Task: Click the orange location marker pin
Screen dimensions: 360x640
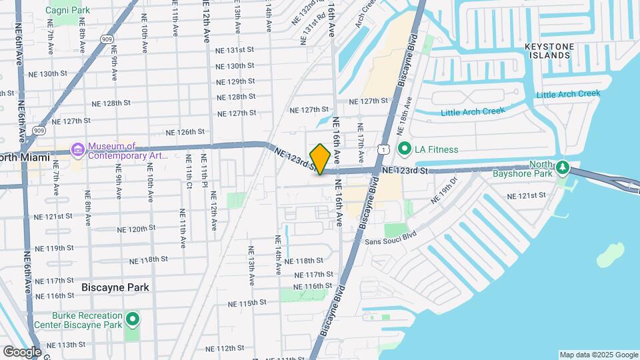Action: pos(320,159)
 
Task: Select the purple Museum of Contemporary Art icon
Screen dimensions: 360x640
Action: pos(78,149)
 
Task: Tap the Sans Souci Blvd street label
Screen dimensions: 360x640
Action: pos(390,238)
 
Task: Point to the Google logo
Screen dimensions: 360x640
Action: pos(23,351)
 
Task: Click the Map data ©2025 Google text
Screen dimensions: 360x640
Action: pos(598,355)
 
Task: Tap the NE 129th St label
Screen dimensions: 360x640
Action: pos(236,81)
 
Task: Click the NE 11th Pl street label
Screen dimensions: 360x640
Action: pos(205,171)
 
